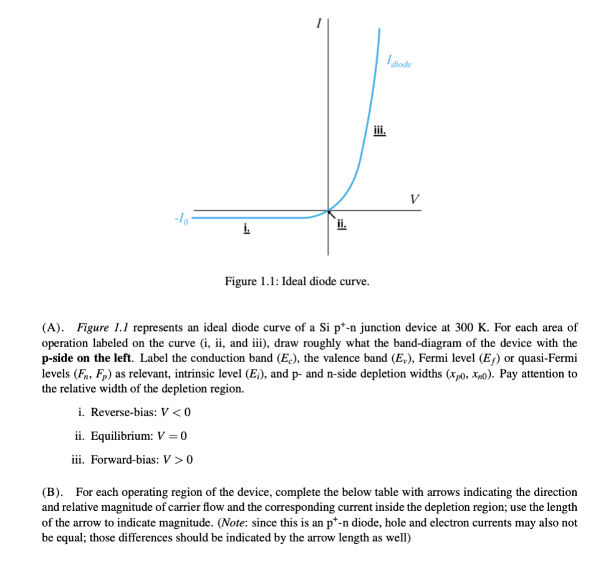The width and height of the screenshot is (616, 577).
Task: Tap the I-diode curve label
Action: [x=398, y=62]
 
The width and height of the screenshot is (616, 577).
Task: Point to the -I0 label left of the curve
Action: [x=180, y=219]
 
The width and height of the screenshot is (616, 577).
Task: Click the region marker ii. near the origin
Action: [x=340, y=224]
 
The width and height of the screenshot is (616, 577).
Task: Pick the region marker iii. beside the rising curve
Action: [x=380, y=130]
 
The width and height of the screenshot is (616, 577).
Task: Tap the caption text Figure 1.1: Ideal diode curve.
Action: [x=297, y=282]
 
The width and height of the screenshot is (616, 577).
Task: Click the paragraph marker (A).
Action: [x=54, y=327]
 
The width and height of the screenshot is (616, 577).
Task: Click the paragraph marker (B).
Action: [x=54, y=492]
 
